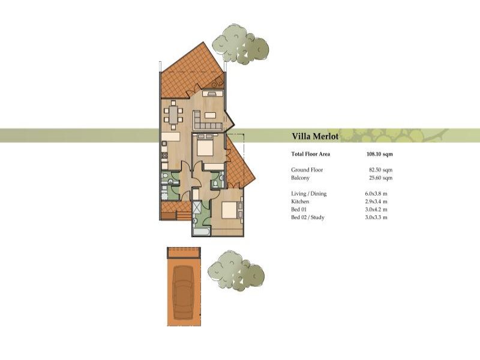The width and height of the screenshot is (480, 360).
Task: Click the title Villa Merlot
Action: [315, 136]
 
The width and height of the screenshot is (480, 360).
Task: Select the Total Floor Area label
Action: [310, 154]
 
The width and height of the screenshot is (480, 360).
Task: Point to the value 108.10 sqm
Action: [379, 154]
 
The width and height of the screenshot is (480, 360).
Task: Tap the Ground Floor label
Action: [307, 170]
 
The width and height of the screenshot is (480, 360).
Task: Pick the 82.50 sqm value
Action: [380, 170]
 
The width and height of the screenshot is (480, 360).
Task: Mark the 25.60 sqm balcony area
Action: [380, 178]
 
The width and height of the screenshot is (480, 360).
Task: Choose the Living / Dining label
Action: [308, 194]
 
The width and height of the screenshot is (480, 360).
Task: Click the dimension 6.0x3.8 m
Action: [376, 194]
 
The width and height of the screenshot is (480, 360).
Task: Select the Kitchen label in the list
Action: [301, 202]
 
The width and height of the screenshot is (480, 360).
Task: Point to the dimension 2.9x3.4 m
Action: [376, 202]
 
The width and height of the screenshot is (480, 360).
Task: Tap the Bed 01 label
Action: [299, 209]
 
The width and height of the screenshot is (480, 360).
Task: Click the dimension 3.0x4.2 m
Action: [376, 209]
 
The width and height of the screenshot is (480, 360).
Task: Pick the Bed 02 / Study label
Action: [308, 217]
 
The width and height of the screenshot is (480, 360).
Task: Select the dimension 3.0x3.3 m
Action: [376, 217]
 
